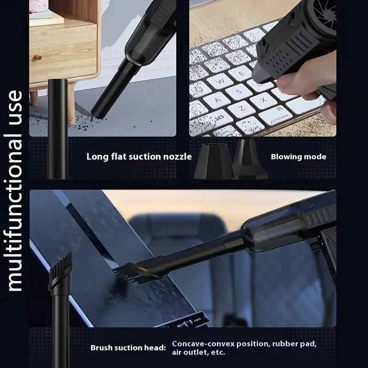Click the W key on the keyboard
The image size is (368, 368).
(x=220, y=81)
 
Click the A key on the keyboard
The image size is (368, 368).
(x=218, y=100)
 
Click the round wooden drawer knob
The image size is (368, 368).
(x=38, y=57)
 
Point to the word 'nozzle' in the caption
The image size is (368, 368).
(x=178, y=156)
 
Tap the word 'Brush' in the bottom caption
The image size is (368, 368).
(x=101, y=348)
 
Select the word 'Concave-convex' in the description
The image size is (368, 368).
(x=203, y=344)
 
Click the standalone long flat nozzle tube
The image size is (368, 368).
(x=58, y=129)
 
